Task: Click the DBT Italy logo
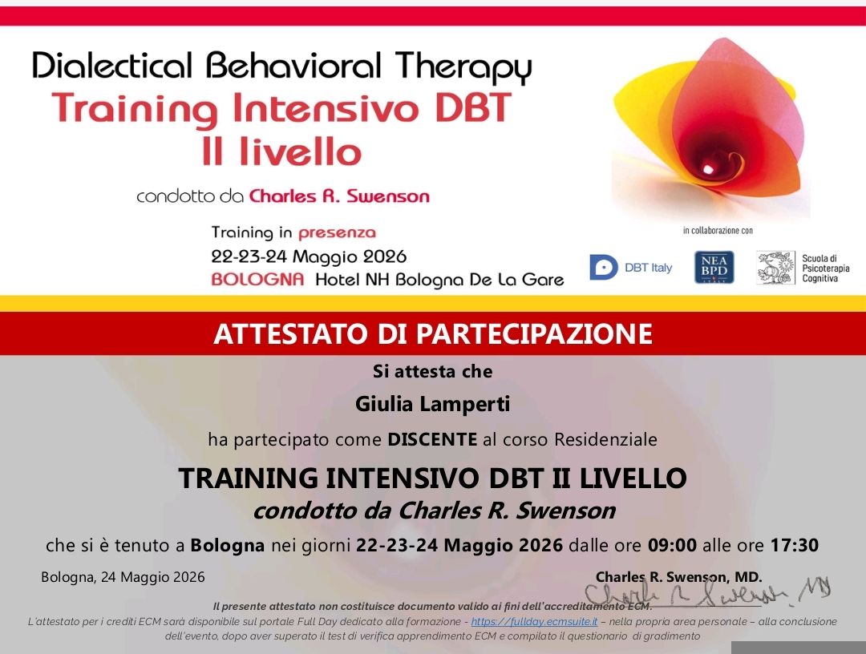[x=631, y=267]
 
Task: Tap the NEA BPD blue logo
[x=714, y=267]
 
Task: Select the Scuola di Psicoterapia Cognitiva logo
[x=803, y=268]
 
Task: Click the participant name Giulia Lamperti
[x=432, y=404]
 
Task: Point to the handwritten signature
[x=708, y=593]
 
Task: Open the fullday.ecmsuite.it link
[x=534, y=621]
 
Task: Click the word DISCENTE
[x=432, y=439]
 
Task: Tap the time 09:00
[x=672, y=545]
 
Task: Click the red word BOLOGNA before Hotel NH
[x=257, y=279]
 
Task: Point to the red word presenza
[x=337, y=233]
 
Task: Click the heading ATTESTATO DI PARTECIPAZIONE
[x=433, y=334]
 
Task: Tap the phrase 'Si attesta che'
[x=432, y=371]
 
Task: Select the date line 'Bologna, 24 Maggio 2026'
[x=123, y=577]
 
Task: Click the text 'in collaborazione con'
[x=718, y=231]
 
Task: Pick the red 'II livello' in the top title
[x=281, y=151]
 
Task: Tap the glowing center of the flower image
[x=708, y=168]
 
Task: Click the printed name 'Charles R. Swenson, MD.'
[x=679, y=577]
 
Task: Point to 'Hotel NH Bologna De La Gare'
[x=439, y=281]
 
